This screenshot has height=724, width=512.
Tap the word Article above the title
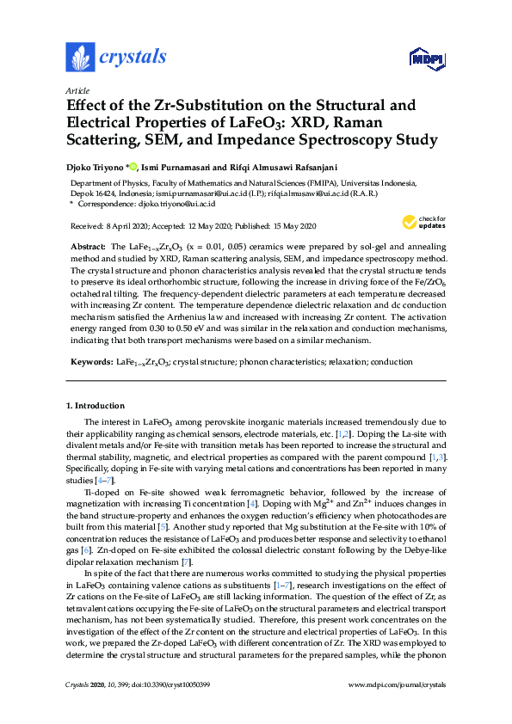pos(77,90)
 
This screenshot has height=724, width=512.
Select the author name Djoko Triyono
pos(96,166)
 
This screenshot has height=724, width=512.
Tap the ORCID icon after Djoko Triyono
pos(133,166)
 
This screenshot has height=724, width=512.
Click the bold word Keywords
pos(89,363)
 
